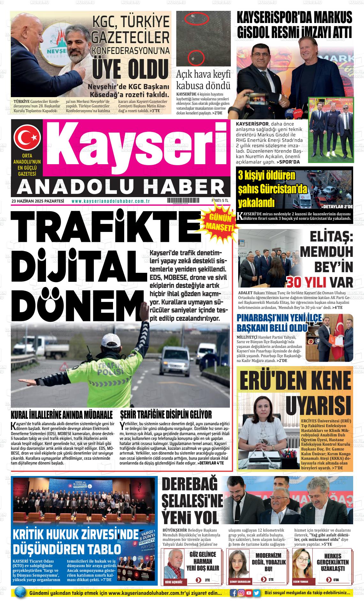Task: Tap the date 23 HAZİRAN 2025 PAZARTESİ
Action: click(x=38, y=201)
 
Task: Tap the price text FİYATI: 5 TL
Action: click(x=220, y=201)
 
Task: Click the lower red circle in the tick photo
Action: click(x=195, y=58)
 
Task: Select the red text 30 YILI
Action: click(x=306, y=282)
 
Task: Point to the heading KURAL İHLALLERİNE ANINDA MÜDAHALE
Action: click(x=62, y=415)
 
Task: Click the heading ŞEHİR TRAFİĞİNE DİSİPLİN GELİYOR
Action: click(x=166, y=415)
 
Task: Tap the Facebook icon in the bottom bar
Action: click(x=234, y=593)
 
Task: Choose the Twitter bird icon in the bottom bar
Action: click(x=256, y=593)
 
